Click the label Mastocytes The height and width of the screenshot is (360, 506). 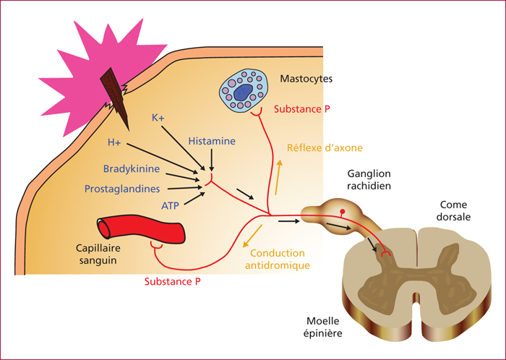(x=306, y=79)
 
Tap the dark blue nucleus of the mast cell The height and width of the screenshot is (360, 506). (x=243, y=93)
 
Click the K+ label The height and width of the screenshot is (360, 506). (x=158, y=118)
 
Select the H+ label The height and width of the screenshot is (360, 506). (x=114, y=142)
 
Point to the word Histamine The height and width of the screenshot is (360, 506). (x=212, y=141)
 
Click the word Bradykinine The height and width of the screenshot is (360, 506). (x=132, y=168)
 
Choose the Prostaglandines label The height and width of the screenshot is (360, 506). (x=122, y=189)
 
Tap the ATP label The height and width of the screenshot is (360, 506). (x=170, y=205)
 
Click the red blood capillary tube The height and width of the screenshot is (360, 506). (x=142, y=229)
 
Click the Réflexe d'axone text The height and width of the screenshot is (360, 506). (x=325, y=147)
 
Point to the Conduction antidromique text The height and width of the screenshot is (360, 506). (x=278, y=259)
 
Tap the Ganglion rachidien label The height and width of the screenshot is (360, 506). (x=369, y=180)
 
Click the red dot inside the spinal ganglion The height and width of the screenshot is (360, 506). (x=343, y=212)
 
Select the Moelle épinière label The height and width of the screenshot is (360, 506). (x=322, y=327)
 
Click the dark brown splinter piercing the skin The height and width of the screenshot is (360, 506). (x=115, y=98)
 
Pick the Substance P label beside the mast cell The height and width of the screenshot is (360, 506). (x=302, y=109)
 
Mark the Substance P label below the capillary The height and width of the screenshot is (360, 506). (x=173, y=282)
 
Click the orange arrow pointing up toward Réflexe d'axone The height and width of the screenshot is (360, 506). (x=278, y=177)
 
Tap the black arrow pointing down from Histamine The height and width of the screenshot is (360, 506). (x=212, y=160)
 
